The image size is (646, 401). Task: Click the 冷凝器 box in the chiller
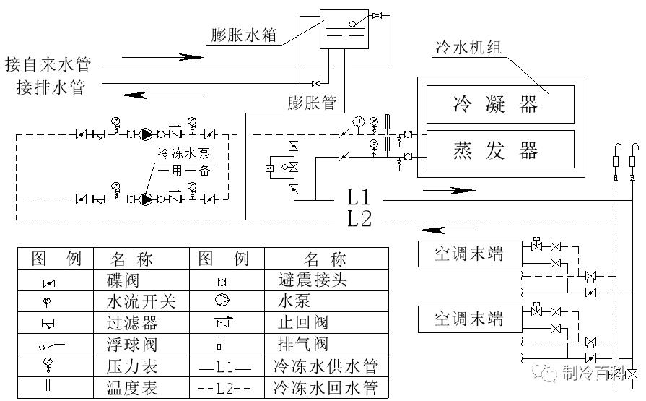[x=500, y=104]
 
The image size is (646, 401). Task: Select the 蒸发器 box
[x=500, y=150]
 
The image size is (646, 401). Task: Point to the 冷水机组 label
[x=468, y=48]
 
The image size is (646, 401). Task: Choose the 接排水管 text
[x=51, y=88]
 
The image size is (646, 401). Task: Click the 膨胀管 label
[x=312, y=103]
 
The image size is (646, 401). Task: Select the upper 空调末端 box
[x=469, y=254]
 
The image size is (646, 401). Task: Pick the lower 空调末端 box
[x=469, y=318]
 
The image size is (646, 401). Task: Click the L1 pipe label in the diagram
[x=359, y=197]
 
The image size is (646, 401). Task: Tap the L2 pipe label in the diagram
[x=359, y=219]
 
